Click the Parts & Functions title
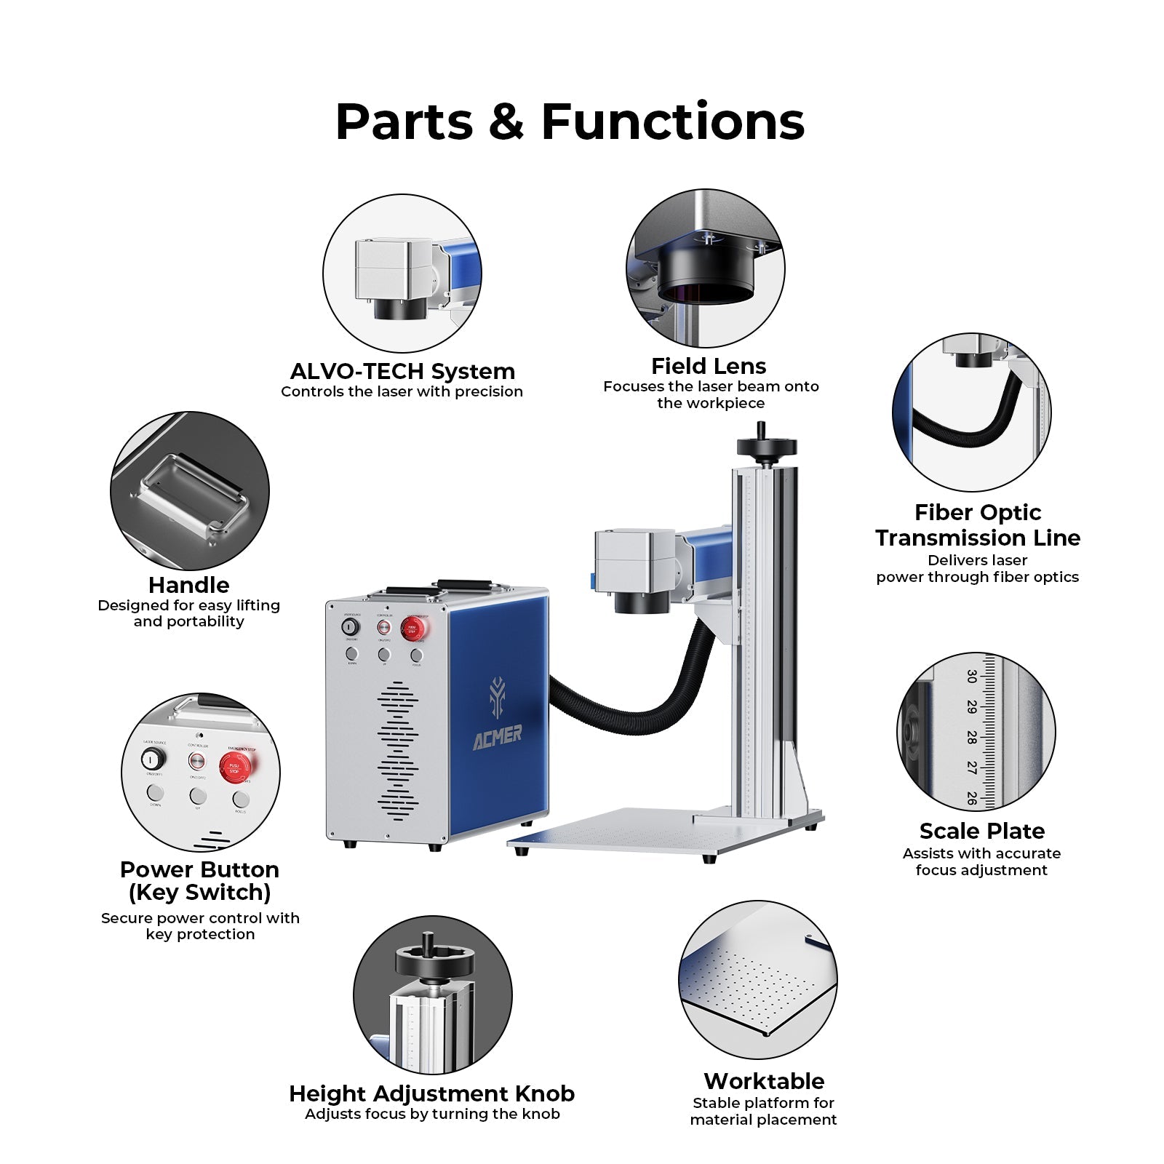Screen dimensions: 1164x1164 tap(570, 121)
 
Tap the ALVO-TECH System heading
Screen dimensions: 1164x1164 tap(402, 372)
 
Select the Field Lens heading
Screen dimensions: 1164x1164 tap(709, 366)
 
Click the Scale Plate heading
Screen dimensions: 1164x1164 tap(981, 831)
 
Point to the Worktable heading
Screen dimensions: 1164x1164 tap(764, 1081)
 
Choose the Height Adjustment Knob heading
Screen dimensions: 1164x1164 tap(431, 1093)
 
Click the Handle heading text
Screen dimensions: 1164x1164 tap(188, 585)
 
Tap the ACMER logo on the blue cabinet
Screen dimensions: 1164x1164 tap(498, 734)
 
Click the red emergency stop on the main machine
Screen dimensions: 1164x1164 tap(412, 629)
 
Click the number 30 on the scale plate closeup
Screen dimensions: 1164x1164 tap(971, 677)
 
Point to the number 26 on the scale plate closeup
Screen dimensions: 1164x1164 tap(971, 797)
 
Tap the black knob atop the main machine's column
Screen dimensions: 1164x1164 tap(766, 446)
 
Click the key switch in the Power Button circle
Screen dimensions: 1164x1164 tap(154, 760)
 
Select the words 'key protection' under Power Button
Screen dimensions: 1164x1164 tap(200, 934)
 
